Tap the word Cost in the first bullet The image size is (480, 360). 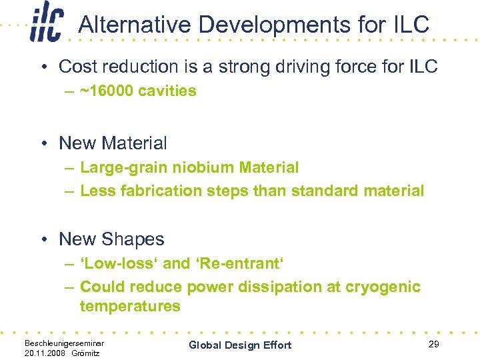pos(77,67)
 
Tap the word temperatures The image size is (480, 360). pos(130,306)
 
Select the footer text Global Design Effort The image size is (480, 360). pos(240,345)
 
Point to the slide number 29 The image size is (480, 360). pos(433,343)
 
